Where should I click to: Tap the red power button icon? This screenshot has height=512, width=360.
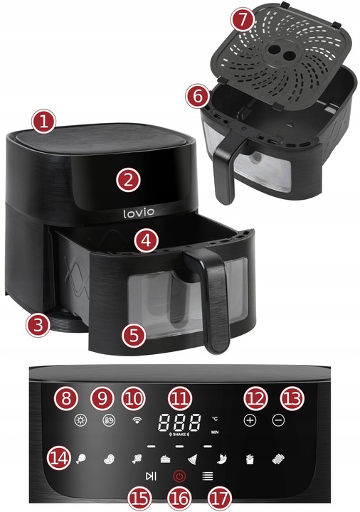pos(180,476)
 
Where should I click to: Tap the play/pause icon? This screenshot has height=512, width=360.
pos(150,476)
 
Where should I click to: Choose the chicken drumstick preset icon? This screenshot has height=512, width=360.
pos(83,459)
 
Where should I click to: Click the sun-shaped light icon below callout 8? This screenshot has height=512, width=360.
pos(80,420)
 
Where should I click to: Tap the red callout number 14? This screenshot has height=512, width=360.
pos(60,459)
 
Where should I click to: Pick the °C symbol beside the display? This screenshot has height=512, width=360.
pos(215,417)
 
